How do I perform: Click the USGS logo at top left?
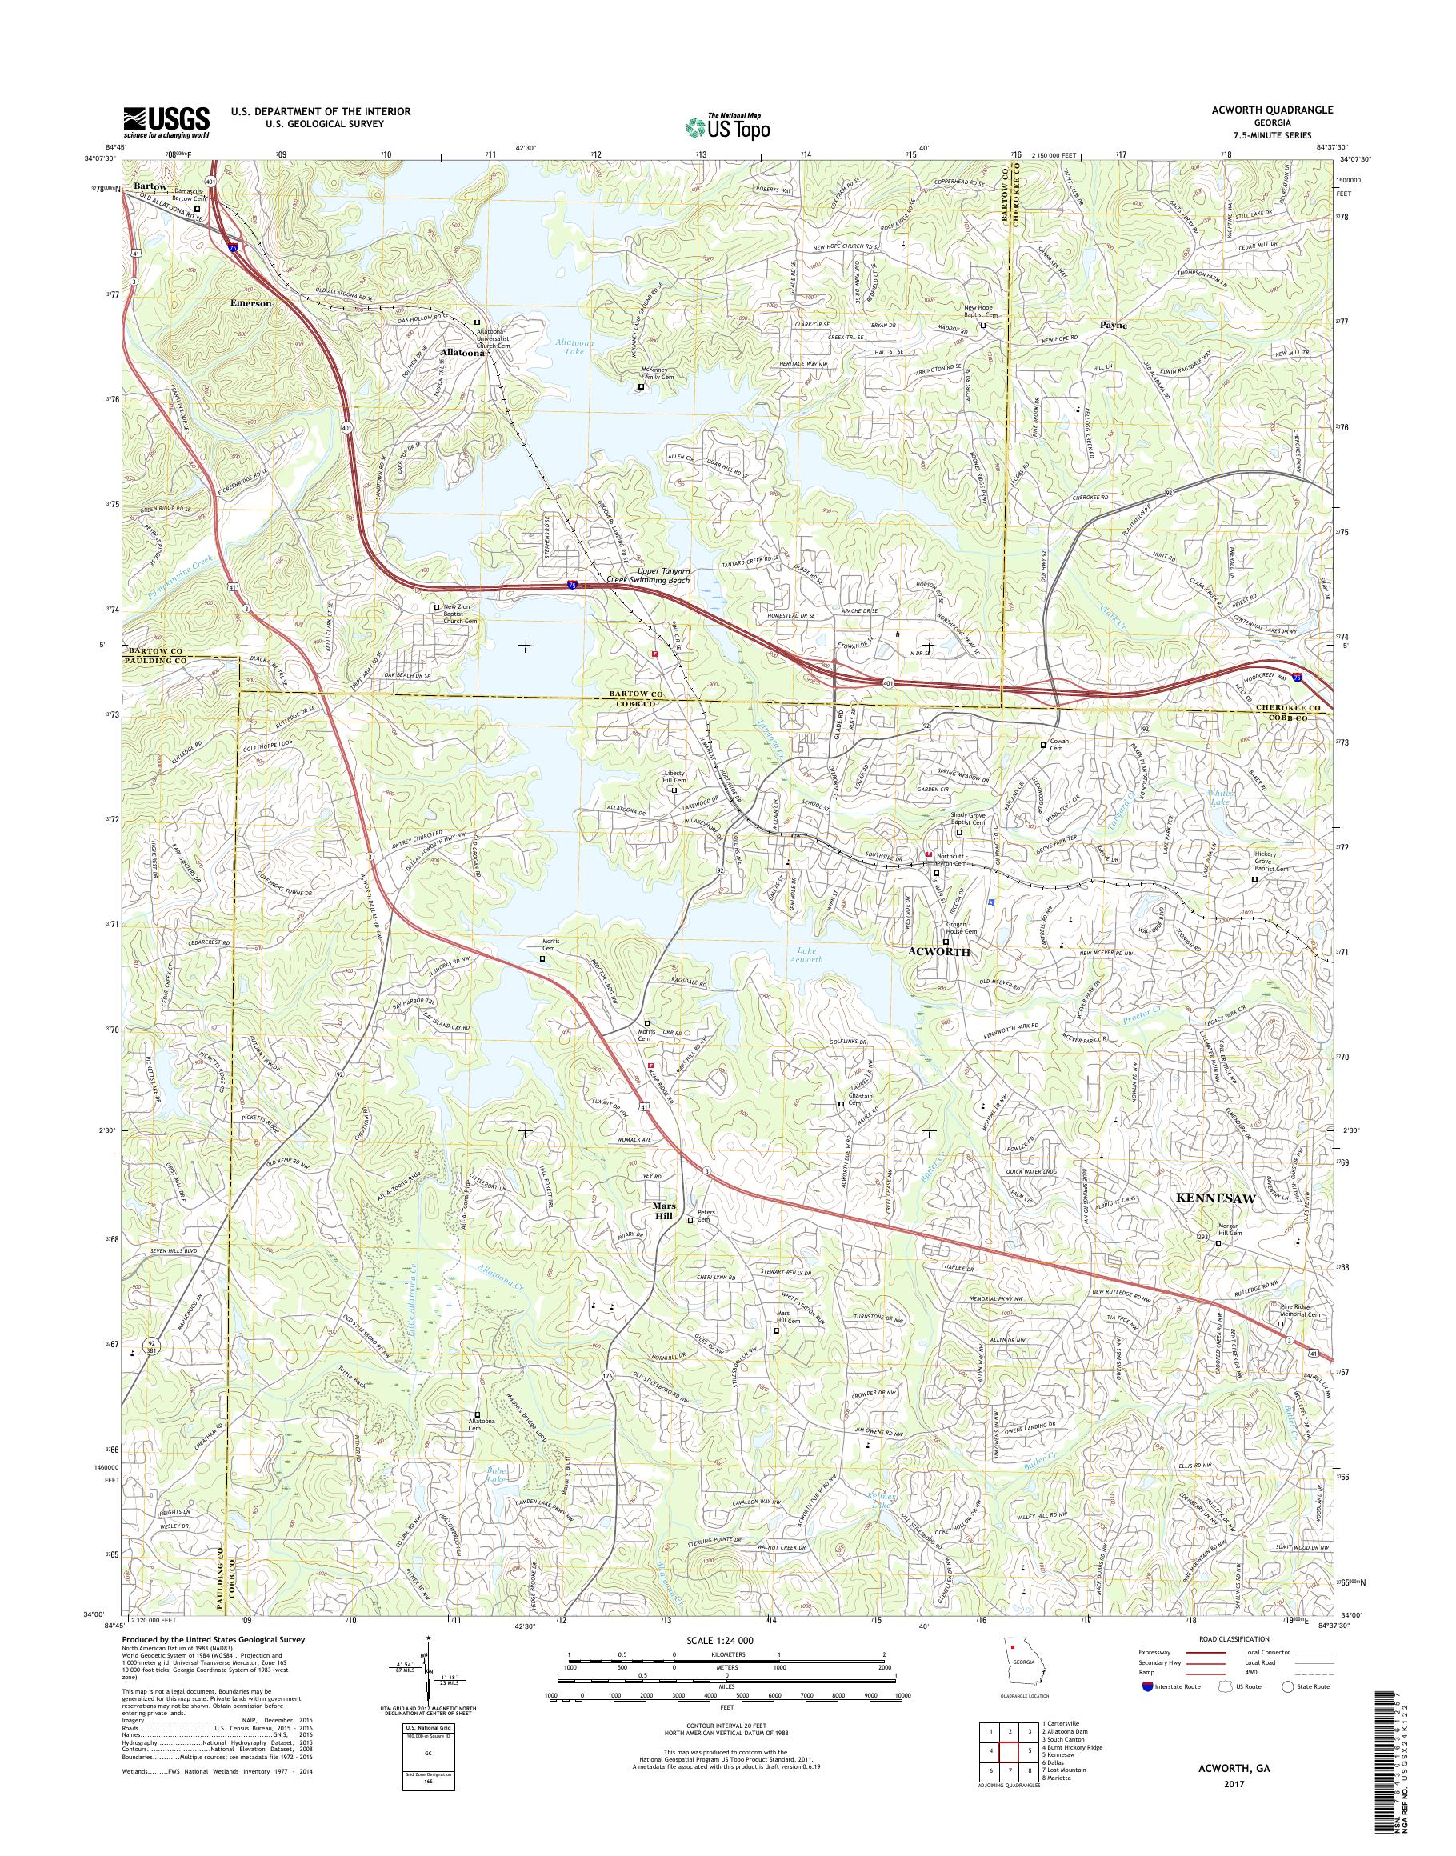tap(167, 122)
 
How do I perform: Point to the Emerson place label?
tap(250, 302)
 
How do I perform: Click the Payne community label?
tap(1114, 325)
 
